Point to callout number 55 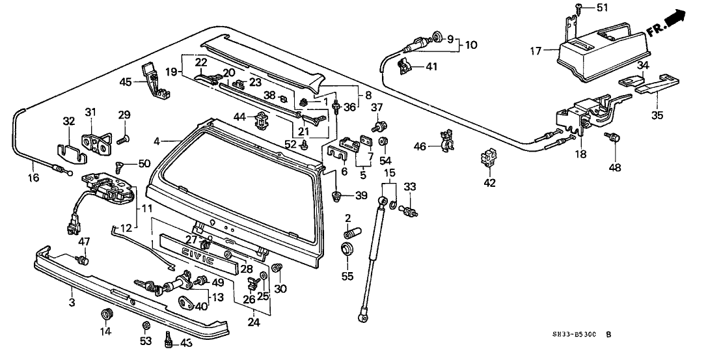click(348, 277)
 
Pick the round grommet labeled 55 click(347, 250)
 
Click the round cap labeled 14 click(105, 316)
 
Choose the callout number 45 click(125, 81)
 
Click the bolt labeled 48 click(612, 139)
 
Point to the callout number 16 click(34, 177)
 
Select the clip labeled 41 click(404, 64)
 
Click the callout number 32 click(69, 120)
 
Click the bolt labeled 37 click(378, 124)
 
